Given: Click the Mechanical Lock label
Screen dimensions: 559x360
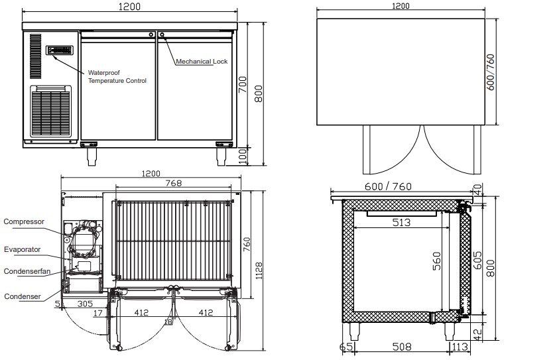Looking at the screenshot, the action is click(202, 61).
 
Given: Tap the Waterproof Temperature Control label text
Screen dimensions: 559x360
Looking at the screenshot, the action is click(117, 77).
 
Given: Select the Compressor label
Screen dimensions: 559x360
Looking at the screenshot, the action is click(24, 221).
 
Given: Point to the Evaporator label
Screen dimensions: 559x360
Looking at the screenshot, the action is click(22, 249).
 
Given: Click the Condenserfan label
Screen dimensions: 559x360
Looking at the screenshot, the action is click(27, 271).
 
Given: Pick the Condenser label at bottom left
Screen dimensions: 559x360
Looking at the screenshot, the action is click(23, 296).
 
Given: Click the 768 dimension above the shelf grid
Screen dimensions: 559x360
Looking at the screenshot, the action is click(174, 183).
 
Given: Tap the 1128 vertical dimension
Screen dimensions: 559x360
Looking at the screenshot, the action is click(259, 270).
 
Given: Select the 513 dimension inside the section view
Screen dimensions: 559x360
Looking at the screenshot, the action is click(401, 222).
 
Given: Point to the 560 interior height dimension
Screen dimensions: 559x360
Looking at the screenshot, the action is click(437, 261).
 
